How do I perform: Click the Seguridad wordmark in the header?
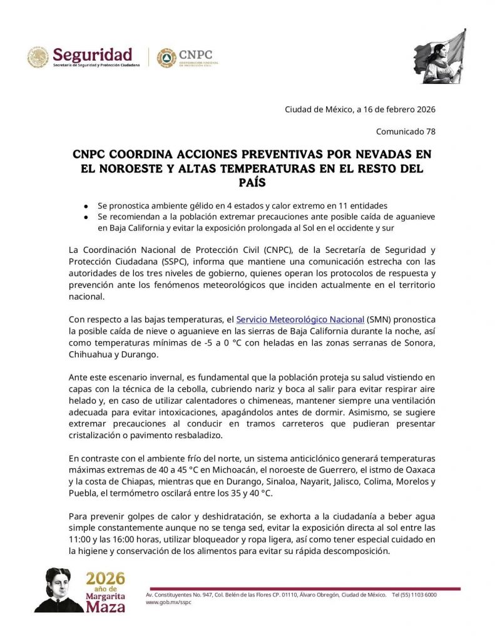(92, 54)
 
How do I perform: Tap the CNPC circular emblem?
(166, 58)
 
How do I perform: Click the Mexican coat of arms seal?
(38, 58)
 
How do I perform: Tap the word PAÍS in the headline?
(247, 182)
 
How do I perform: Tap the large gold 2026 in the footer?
(105, 578)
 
